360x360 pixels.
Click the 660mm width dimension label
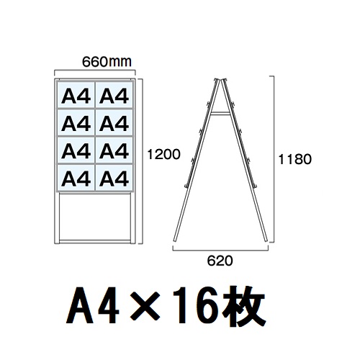click(x=107, y=62)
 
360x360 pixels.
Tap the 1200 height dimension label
click(x=163, y=154)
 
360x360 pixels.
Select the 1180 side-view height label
click(x=294, y=159)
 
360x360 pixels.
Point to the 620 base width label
click(x=220, y=261)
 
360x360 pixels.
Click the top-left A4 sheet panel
click(x=76, y=95)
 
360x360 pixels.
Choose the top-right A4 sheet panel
click(x=114, y=95)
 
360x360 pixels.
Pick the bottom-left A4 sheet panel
click(x=76, y=178)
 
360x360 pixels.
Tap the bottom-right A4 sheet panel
click(x=114, y=178)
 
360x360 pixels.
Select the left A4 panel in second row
click(x=76, y=123)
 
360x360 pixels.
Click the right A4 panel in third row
click(x=114, y=150)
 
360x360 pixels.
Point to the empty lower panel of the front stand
click(x=95, y=216)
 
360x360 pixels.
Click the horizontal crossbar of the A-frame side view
click(x=220, y=113)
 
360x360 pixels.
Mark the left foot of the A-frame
click(x=175, y=240)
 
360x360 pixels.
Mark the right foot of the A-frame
click(x=266, y=240)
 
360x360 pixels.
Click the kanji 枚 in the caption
click(x=243, y=305)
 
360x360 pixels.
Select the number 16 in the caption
click(x=194, y=305)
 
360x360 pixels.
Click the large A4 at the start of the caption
click(x=92, y=305)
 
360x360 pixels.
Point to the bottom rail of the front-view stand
click(x=95, y=240)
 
